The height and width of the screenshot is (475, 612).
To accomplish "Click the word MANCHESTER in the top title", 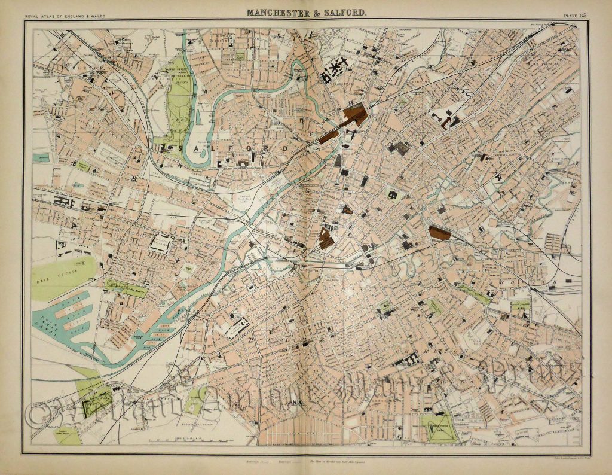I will pos(273,11).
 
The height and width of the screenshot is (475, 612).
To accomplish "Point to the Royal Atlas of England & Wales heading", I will pos(63,14).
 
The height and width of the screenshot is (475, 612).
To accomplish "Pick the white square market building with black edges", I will pos(161,243).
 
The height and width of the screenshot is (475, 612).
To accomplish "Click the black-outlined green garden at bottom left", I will pos(92,407).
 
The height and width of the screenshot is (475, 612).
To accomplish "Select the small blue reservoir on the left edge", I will pos(41,158).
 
